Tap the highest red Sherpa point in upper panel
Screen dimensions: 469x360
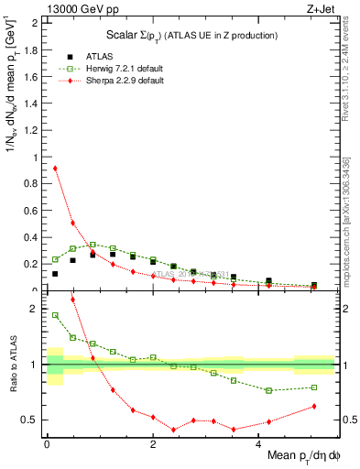[x=55, y=168]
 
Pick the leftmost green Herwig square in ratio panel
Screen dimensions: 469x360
[x=55, y=315]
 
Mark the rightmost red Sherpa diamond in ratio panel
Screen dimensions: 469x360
[x=313, y=406]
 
